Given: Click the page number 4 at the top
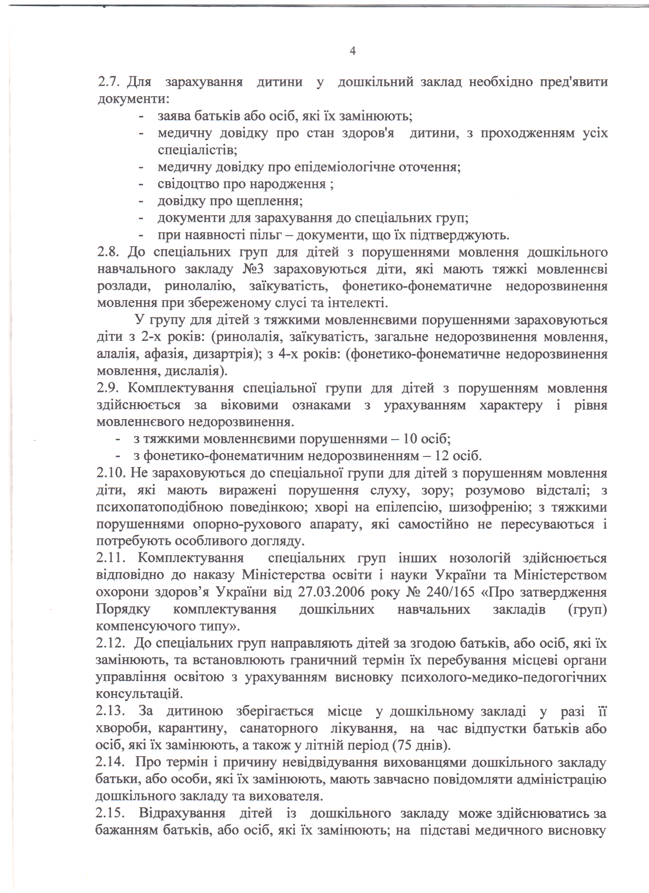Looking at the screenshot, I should click(x=353, y=51).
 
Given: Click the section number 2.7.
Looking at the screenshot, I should click(x=109, y=82).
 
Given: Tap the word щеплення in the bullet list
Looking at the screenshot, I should click(x=269, y=201).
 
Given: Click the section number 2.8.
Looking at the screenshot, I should click(x=109, y=252).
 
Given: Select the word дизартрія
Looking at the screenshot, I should click(x=225, y=354).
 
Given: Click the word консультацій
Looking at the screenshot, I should click(x=139, y=694).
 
